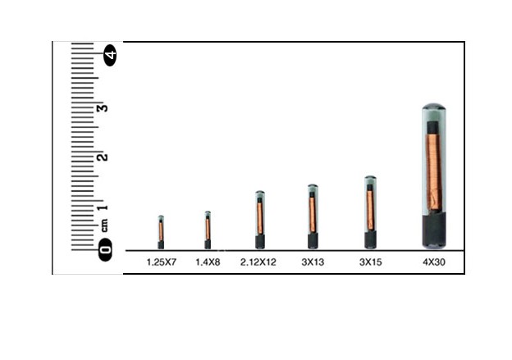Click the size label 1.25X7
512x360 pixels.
point(162,262)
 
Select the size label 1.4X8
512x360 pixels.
point(208,262)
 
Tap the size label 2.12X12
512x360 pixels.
point(258,262)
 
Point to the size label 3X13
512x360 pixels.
point(313,262)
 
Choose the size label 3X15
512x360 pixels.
point(371,262)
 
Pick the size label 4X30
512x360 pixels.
point(434,262)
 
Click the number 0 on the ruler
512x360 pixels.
point(105,249)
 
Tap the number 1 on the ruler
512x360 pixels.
point(103,207)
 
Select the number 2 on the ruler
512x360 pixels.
point(103,157)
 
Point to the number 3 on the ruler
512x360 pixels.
point(103,107)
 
